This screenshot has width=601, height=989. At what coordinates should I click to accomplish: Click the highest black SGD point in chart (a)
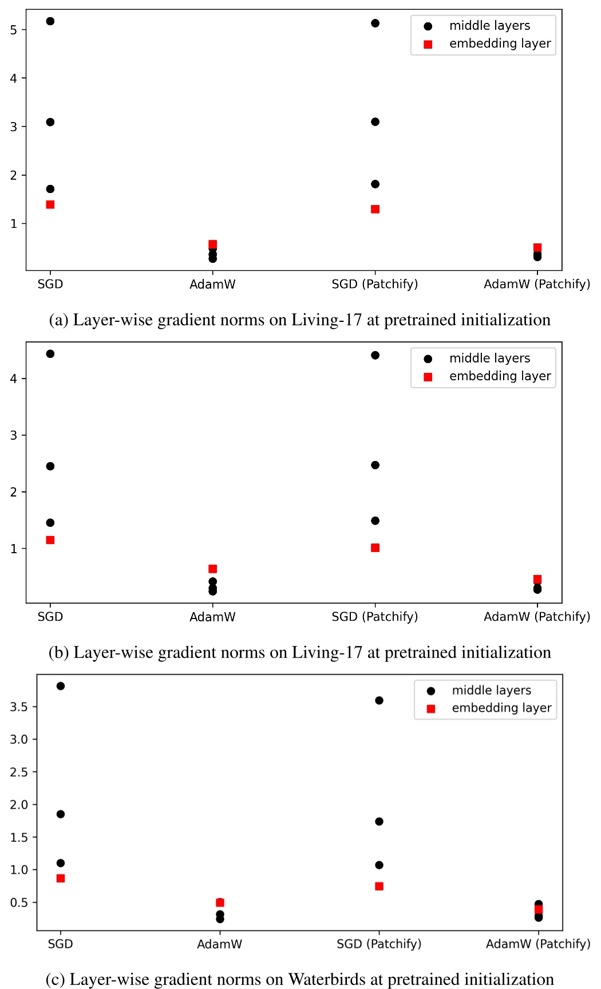pos(50,21)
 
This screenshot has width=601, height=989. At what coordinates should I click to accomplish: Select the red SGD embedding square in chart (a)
pos(50,204)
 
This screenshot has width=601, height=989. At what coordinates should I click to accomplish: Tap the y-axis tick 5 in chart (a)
pos(14,30)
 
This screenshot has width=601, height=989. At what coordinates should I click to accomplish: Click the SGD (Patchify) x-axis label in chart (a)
pos(375,284)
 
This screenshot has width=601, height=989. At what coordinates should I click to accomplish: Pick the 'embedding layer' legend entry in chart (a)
pos(500,44)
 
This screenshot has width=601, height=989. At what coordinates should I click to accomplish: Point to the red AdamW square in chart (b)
pos(213,569)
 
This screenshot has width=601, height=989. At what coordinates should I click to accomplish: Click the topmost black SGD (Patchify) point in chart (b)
pos(375,355)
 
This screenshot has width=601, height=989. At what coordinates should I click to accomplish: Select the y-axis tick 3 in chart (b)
pos(14,435)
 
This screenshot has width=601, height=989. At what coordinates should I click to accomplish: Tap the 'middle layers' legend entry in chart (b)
pos(489,358)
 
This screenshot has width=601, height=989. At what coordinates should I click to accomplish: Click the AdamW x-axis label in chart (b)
pos(213,617)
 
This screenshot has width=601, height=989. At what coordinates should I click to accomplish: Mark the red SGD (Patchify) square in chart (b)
pos(375,547)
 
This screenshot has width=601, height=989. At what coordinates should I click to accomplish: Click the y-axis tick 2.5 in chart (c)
pos(18,772)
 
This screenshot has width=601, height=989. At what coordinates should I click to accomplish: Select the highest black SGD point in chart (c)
pos(61,685)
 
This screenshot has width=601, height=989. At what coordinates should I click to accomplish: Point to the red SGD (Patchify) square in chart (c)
pos(379,886)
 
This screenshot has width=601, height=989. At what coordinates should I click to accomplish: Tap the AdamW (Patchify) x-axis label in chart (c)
pos(538,944)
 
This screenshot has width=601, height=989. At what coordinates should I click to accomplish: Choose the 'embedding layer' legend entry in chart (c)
pos(501,708)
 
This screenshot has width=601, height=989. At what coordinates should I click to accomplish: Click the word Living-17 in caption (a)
pos(326,320)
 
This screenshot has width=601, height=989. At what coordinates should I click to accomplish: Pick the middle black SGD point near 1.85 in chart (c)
pos(61,814)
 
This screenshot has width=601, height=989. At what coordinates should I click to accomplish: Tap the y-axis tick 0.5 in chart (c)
pos(18,903)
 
